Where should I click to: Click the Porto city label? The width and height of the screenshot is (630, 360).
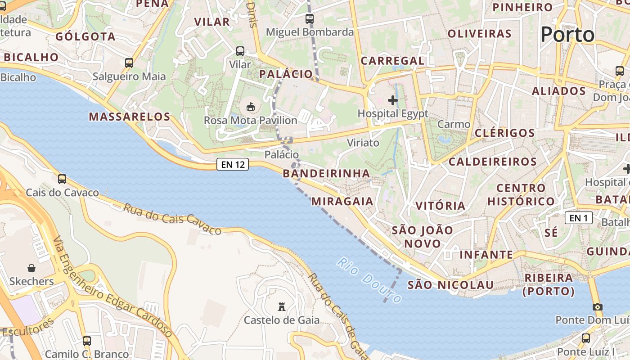567,34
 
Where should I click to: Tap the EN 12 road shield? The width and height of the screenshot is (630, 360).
233,164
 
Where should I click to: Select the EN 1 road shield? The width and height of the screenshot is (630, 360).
578,218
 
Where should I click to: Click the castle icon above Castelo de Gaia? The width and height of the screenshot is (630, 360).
282,307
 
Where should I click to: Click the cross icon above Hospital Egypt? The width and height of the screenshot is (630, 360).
393,100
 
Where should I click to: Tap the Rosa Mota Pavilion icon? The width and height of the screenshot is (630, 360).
251,107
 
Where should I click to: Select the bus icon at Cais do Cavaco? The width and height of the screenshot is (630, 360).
62,179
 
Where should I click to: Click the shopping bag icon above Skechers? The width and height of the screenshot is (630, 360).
31,268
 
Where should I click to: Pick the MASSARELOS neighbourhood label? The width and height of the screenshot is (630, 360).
130,117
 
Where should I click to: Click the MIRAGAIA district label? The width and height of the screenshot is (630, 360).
342,201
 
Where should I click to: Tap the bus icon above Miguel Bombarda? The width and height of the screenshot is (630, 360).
309,19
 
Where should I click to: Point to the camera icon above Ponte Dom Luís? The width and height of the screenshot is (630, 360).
597,307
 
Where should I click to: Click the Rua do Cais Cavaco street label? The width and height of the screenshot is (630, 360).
172,219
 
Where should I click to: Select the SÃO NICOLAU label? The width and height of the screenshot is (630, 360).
450,285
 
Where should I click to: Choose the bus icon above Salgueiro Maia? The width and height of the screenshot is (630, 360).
129,63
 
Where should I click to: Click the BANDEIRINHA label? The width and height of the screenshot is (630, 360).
326,173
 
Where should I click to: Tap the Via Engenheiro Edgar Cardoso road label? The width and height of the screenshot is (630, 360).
112,288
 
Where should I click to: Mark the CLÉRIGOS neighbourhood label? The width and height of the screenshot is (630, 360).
505,133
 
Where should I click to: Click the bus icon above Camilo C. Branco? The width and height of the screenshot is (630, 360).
87,341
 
